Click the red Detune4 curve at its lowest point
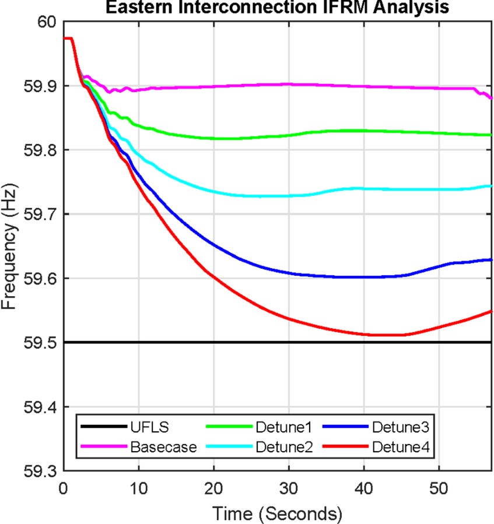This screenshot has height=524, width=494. coord(385,335)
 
